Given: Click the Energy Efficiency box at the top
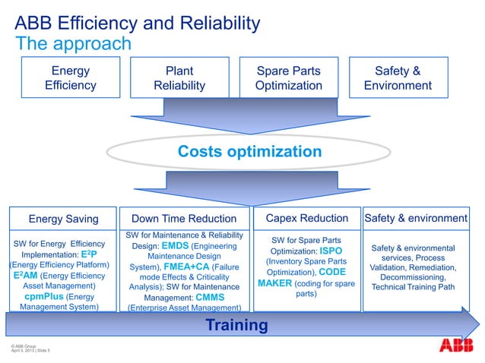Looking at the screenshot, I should point(70,78).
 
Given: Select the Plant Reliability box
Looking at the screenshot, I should point(179,78).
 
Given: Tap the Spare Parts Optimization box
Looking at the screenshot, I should point(288,78).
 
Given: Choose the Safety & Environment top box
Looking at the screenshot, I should point(398,78).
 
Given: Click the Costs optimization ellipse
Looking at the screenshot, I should point(249,152).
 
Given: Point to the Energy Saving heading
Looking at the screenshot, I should point(63,219).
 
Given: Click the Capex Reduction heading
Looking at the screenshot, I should point(307,219).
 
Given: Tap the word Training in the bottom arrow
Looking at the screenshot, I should point(236,326).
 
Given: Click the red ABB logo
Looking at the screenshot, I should point(455,346).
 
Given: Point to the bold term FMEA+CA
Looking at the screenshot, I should point(185,267).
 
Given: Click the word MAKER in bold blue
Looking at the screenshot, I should point(276,283).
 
